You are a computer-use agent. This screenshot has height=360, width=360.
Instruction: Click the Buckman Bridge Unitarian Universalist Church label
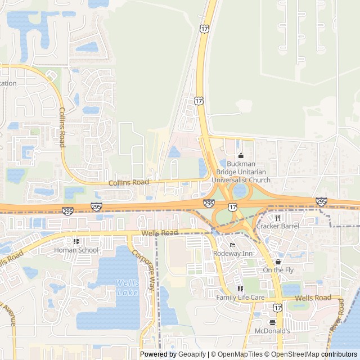click(x=241, y=172)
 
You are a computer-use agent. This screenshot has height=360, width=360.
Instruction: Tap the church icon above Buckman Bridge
click(x=241, y=156)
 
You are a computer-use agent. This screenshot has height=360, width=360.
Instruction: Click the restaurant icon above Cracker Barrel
click(x=277, y=218)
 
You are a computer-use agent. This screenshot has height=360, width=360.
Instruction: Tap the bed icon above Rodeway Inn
click(x=232, y=245)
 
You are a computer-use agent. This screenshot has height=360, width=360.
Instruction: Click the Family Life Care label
click(x=240, y=296)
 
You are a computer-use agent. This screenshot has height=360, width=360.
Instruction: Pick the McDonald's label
click(x=272, y=331)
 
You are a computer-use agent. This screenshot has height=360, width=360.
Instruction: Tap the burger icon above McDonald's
click(x=272, y=322)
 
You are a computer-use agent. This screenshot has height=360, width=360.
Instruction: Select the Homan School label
click(x=76, y=250)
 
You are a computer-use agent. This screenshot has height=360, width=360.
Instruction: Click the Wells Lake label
click(x=127, y=287)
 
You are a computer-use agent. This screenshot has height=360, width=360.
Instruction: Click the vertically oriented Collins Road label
click(x=62, y=128)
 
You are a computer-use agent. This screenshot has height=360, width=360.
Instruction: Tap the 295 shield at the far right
click(x=321, y=201)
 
